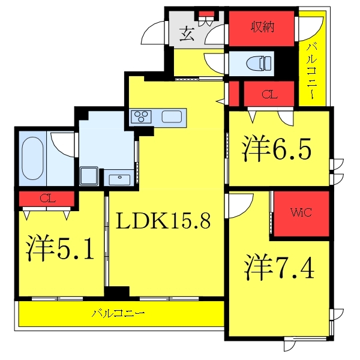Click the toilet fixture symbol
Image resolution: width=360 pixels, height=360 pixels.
259,64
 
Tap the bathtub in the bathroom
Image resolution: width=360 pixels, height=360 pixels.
32,158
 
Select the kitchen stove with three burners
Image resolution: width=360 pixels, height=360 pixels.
141,116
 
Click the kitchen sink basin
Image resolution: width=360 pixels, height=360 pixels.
172,116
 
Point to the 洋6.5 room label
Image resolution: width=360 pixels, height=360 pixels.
277,149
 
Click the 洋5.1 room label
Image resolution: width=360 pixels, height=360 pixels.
59,248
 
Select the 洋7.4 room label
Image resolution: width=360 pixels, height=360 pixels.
279,267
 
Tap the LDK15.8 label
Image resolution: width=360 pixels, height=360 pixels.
163,221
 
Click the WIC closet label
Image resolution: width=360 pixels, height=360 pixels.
301,212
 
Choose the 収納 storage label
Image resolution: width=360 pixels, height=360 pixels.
263,27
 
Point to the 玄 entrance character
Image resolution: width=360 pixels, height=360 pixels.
187,34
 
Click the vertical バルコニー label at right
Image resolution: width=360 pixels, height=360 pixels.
312,71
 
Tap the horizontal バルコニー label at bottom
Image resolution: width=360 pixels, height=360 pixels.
118,313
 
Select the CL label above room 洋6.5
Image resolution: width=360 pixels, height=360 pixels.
269,94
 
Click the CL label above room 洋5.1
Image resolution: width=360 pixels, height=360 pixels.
47,199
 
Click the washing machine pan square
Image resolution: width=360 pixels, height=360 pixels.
89,176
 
